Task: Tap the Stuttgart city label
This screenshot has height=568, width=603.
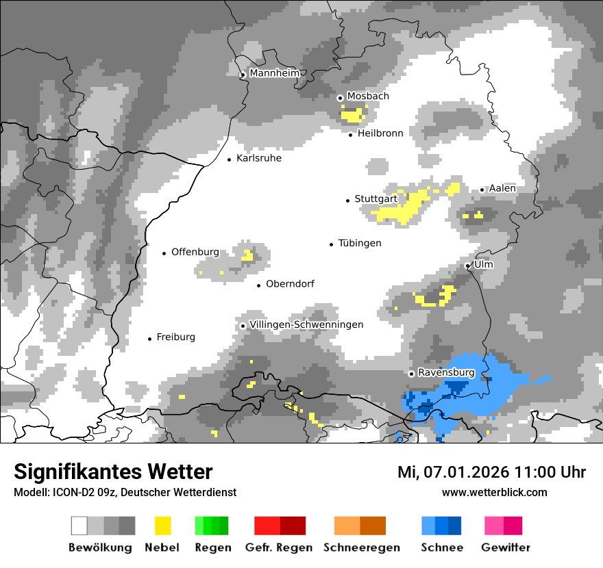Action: [x=376, y=199]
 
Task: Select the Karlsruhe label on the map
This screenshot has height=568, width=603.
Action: [x=258, y=158]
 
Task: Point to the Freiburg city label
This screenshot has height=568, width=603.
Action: [x=175, y=337]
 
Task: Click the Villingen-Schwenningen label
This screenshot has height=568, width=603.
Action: [x=306, y=324]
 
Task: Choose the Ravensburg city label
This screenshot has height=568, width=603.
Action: [x=446, y=372]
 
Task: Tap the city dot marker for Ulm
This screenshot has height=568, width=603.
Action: [x=468, y=266]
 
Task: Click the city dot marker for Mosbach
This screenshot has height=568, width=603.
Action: [x=340, y=98]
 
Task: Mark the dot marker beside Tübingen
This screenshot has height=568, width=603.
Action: [x=332, y=244]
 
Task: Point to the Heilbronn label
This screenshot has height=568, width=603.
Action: [x=380, y=133]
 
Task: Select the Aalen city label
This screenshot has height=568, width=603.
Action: [x=502, y=188]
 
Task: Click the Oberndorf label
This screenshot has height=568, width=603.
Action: [x=290, y=283]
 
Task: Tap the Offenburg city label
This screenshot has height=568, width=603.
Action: [x=195, y=252]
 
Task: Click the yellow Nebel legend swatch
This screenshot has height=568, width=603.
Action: [x=162, y=526]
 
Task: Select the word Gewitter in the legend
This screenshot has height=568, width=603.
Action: [x=506, y=547]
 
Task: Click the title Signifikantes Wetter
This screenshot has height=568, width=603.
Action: [x=113, y=472]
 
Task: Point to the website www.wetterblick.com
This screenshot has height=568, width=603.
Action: [x=494, y=492]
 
